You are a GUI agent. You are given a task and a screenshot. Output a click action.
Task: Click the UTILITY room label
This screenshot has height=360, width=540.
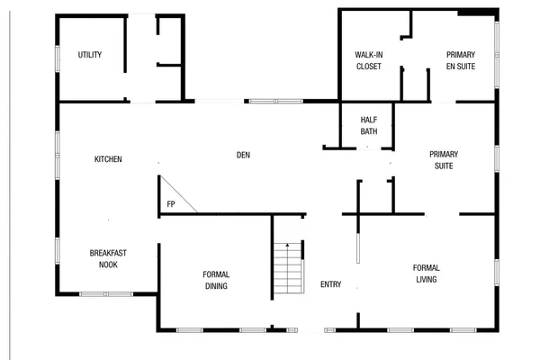[x=89, y=55]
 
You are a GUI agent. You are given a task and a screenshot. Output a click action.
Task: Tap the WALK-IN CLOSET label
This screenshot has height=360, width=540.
[x=369, y=60]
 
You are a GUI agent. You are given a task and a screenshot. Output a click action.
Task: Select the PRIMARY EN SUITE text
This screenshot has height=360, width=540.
[x=461, y=60]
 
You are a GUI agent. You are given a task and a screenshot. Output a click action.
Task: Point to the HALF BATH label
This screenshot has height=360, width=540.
[x=369, y=126]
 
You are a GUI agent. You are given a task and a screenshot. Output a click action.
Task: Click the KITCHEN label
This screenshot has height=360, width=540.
[x=108, y=159]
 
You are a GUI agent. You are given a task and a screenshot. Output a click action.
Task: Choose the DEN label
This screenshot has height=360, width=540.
[x=243, y=155]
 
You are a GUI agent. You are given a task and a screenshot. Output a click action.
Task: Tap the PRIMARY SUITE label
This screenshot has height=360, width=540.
[x=443, y=160]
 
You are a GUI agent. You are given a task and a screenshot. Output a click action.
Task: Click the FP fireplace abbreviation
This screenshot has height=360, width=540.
[x=170, y=205]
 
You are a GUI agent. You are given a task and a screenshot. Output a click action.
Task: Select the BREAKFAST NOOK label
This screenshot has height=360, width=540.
[x=107, y=259]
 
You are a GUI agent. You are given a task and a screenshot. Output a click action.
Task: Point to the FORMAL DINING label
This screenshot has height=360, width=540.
[x=216, y=280]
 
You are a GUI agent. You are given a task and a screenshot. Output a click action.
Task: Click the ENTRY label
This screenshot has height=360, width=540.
[x=330, y=284]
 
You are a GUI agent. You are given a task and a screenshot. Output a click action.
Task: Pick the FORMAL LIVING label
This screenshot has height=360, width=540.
[x=426, y=274]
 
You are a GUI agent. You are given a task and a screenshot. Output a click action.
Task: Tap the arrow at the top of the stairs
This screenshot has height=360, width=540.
[x=287, y=245]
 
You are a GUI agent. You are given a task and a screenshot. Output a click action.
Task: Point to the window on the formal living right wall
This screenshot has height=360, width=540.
[x=496, y=272]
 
